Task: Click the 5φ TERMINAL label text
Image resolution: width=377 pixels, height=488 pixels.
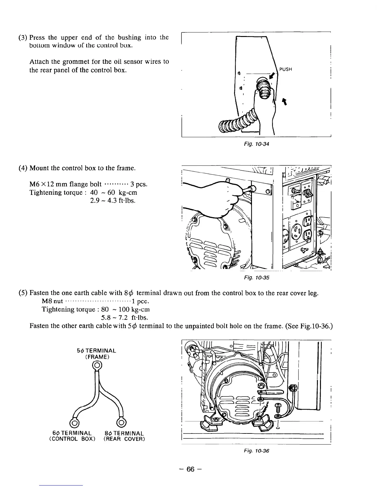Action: (x=96, y=351)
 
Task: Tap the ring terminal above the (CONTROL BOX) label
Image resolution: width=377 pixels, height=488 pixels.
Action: (x=75, y=423)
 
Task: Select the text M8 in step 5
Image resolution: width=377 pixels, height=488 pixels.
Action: (x=47, y=301)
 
